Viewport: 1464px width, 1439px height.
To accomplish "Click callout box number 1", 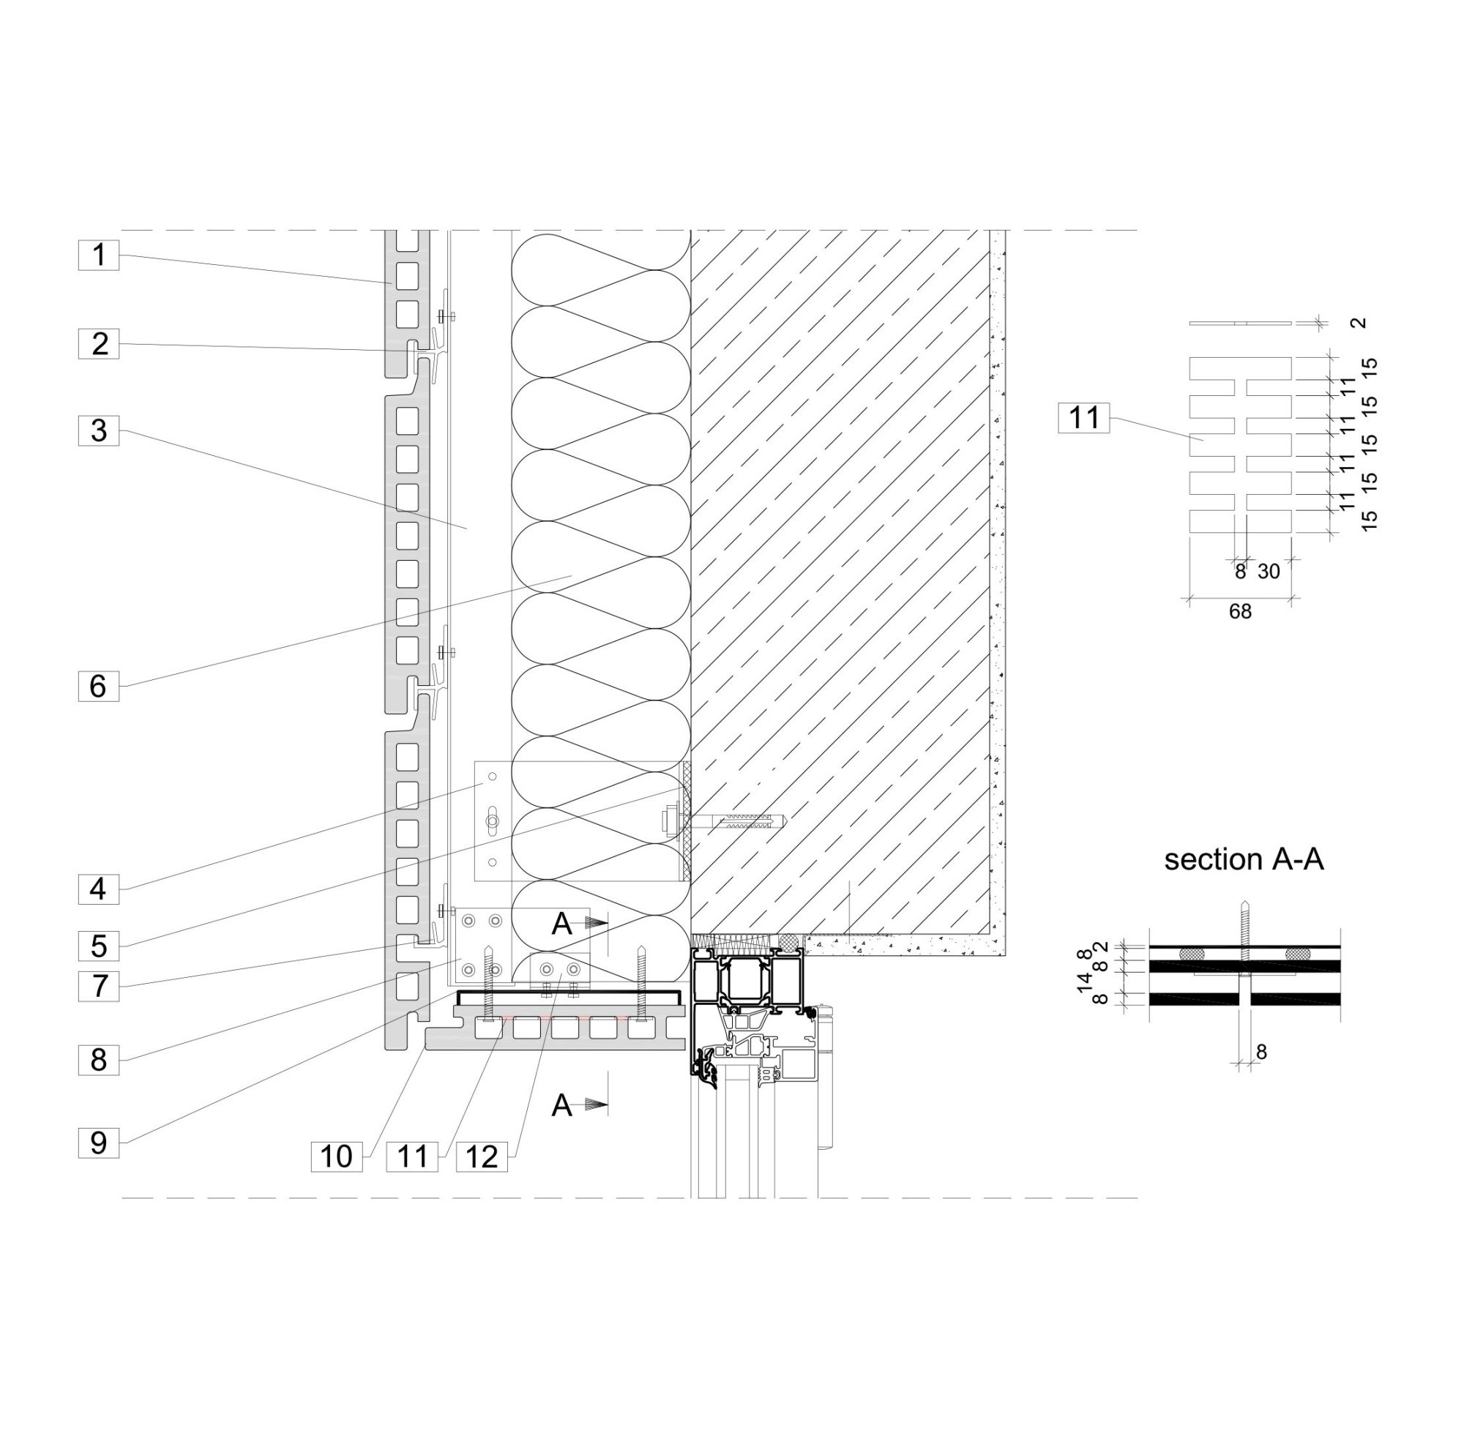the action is coord(98,255).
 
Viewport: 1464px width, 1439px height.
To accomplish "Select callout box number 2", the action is coord(98,343).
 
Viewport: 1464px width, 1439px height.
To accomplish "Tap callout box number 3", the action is coord(98,430).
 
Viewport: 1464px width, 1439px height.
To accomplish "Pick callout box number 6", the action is coord(98,686).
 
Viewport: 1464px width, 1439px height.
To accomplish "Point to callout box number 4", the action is coord(98,888).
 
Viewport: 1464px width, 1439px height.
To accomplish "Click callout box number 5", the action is coord(98,946).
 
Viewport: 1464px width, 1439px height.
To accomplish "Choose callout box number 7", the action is coord(98,985).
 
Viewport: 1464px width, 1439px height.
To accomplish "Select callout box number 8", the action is coord(98,1060).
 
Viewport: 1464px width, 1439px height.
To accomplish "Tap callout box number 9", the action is coord(98,1142).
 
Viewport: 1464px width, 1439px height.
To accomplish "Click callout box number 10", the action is coord(336,1156).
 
